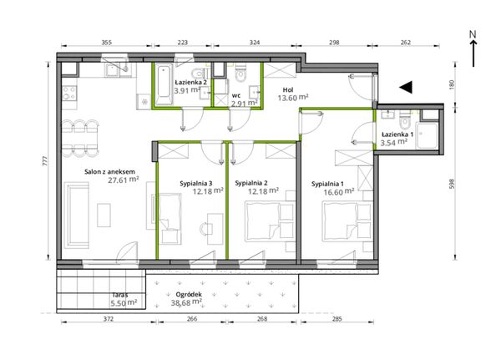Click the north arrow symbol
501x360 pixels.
[473, 49]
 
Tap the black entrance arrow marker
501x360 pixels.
[406, 87]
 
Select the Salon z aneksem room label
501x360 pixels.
[109, 172]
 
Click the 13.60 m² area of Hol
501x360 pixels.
[293, 98]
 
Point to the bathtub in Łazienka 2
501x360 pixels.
[164, 84]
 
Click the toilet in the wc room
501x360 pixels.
[240, 74]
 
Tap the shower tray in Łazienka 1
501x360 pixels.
[427, 136]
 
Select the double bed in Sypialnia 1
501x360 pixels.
[339, 221]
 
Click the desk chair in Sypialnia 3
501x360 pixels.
[205, 229]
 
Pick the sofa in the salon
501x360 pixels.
[76, 215]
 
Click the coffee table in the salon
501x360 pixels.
[104, 215]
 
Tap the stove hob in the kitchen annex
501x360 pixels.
[69, 93]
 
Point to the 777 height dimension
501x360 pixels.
[45, 160]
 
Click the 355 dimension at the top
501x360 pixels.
[106, 43]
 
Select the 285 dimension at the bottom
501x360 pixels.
[337, 319]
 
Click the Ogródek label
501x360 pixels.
[189, 295]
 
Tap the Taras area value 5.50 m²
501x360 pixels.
[124, 302]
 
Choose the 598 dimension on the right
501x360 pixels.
[452, 184]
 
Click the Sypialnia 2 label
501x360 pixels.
[251, 183]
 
